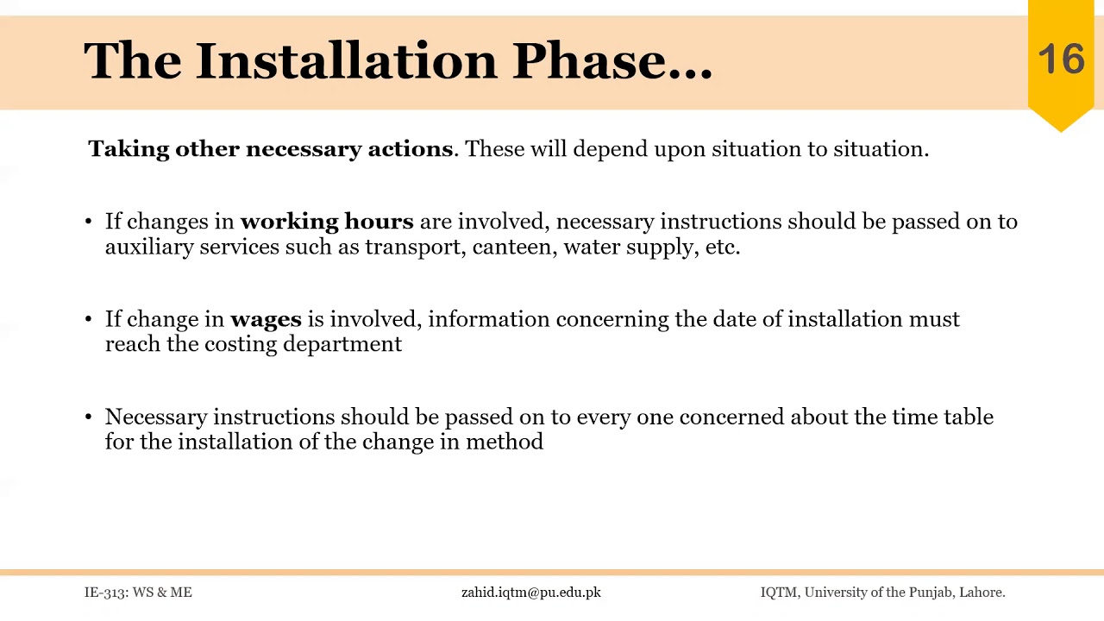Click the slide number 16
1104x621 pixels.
(x=1061, y=60)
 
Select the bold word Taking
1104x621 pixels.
(x=129, y=149)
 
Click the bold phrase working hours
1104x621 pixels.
(x=327, y=222)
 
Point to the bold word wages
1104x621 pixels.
(x=266, y=319)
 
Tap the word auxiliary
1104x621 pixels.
(x=149, y=247)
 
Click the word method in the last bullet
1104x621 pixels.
(x=505, y=442)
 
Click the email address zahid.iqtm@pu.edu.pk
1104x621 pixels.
(x=530, y=593)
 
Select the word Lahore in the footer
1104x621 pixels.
(x=982, y=593)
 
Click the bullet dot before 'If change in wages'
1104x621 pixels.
(x=89, y=319)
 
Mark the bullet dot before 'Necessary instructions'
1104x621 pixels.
(x=89, y=417)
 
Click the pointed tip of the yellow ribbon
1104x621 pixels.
(x=1061, y=130)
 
